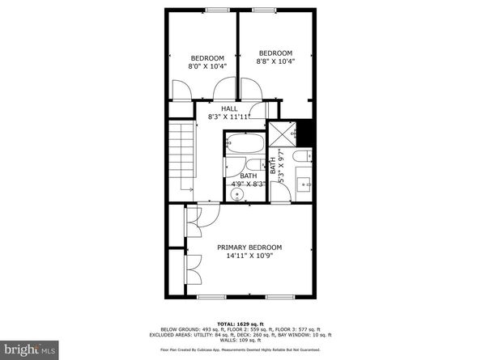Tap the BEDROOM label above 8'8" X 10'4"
tap(275, 53)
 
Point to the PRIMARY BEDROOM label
tap(249, 247)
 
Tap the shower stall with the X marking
tap(281, 132)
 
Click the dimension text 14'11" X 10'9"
tap(249, 257)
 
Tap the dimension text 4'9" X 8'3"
tap(249, 184)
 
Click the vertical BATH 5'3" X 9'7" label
tap(278, 167)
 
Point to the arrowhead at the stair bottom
tap(191, 190)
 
